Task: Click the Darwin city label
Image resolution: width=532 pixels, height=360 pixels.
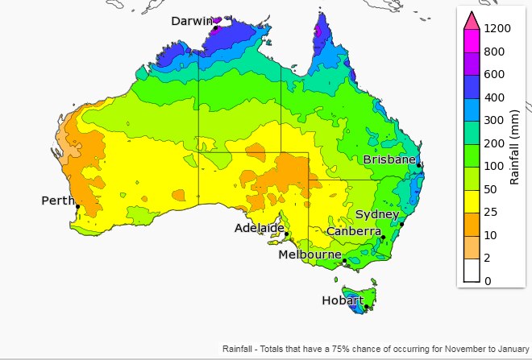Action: click(x=191, y=21)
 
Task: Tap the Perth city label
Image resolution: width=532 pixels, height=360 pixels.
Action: click(x=58, y=200)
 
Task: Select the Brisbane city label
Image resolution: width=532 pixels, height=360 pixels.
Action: click(x=389, y=159)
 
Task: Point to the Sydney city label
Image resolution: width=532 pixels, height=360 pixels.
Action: click(x=376, y=214)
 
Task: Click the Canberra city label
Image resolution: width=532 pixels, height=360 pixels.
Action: click(x=353, y=231)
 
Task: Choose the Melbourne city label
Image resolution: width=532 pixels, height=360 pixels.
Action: click(x=310, y=254)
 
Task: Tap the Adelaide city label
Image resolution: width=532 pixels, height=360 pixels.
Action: click(x=259, y=228)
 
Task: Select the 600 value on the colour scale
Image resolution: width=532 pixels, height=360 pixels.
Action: click(x=493, y=74)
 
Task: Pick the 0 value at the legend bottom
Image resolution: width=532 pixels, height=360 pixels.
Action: click(x=487, y=281)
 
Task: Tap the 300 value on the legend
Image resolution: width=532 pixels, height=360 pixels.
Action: click(x=493, y=120)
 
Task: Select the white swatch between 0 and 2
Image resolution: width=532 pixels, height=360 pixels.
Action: click(x=471, y=270)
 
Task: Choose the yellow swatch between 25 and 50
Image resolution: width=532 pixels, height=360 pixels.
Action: click(x=471, y=201)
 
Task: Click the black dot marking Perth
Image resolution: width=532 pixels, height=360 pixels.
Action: click(x=77, y=207)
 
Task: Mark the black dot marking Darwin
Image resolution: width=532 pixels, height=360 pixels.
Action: click(x=216, y=28)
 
